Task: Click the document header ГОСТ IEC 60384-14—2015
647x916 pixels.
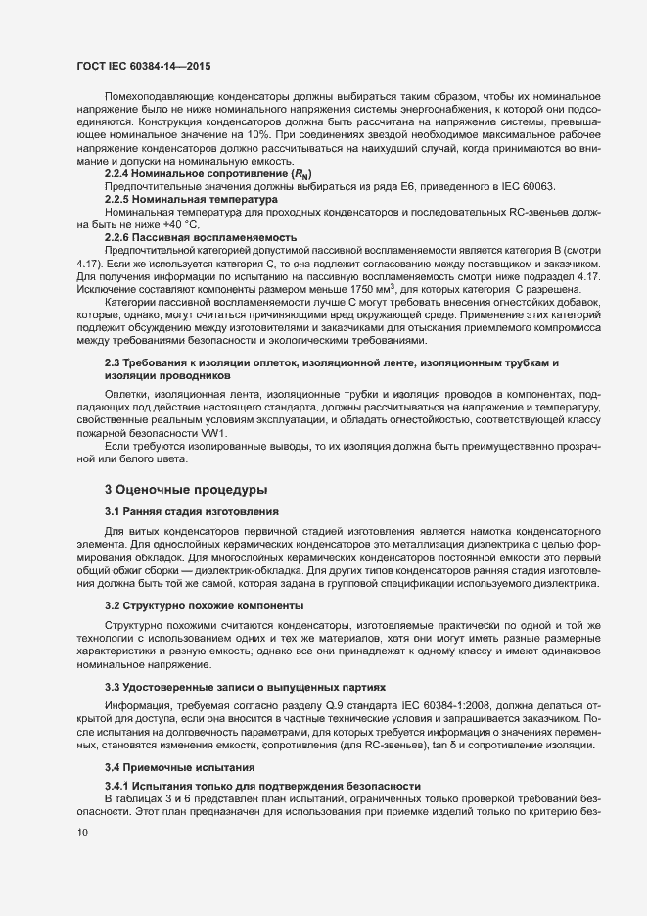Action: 142,66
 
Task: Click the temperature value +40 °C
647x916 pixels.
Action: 169,225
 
